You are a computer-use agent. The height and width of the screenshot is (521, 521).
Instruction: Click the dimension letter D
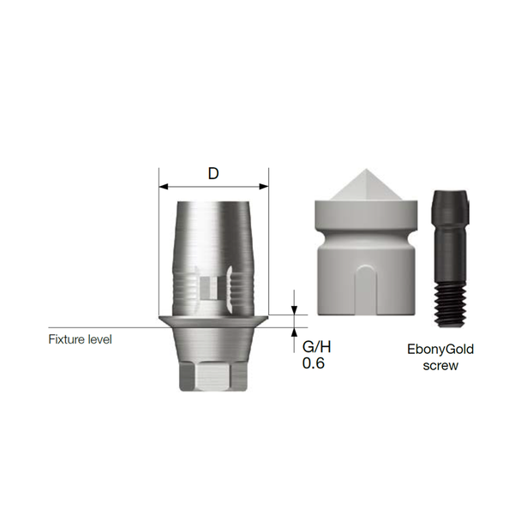point(213,173)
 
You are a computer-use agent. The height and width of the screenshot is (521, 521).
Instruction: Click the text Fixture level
point(80,339)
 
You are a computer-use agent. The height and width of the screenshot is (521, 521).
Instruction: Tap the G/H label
point(316,348)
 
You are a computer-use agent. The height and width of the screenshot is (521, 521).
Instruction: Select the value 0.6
point(313,364)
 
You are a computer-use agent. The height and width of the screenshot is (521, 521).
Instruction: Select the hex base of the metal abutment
point(213,377)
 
